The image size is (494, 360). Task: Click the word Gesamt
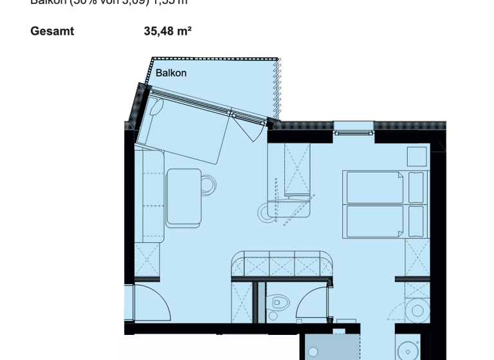(x=52, y=31)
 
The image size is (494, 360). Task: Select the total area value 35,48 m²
(x=167, y=31)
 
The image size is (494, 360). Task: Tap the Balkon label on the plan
(x=171, y=73)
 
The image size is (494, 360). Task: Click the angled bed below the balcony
(x=187, y=126)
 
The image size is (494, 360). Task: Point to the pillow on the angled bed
(x=156, y=106)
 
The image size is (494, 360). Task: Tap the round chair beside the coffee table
(x=208, y=185)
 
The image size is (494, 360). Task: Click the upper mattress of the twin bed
(x=376, y=186)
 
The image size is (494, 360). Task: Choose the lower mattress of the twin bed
(x=376, y=222)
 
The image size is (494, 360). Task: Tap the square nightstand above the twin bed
(x=417, y=157)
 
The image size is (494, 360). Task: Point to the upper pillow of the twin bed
(x=417, y=187)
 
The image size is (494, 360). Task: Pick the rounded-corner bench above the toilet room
(x=282, y=265)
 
